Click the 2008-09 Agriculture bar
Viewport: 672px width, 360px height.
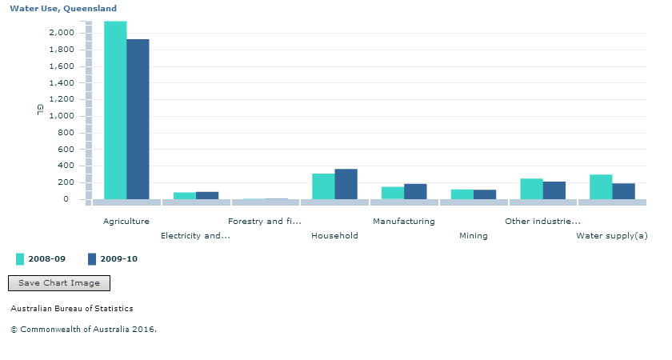click(115, 110)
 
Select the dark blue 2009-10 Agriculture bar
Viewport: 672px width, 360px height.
click(138, 119)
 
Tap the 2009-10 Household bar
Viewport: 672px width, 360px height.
click(346, 184)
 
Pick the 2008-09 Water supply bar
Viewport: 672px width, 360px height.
click(601, 187)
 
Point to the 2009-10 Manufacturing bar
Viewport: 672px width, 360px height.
click(415, 191)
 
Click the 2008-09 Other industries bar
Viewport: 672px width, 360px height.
click(531, 189)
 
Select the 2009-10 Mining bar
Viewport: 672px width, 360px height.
click(485, 194)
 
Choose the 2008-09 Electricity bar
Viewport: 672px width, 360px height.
click(185, 196)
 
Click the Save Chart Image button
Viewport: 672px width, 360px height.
click(59, 283)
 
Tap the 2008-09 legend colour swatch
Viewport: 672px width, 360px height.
click(20, 259)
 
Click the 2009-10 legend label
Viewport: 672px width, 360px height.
click(118, 259)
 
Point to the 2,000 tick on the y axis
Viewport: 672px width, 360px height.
click(62, 33)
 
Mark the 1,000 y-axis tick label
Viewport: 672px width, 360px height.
click(62, 116)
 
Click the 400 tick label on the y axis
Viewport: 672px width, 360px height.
click(66, 166)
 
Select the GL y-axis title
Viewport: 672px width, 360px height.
click(40, 110)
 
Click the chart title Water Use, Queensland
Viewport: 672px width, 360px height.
click(63, 8)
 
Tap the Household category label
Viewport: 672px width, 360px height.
click(334, 235)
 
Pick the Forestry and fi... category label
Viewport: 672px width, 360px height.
click(265, 221)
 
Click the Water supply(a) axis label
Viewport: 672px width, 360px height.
click(612, 235)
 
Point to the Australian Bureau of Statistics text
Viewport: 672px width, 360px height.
click(72, 308)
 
